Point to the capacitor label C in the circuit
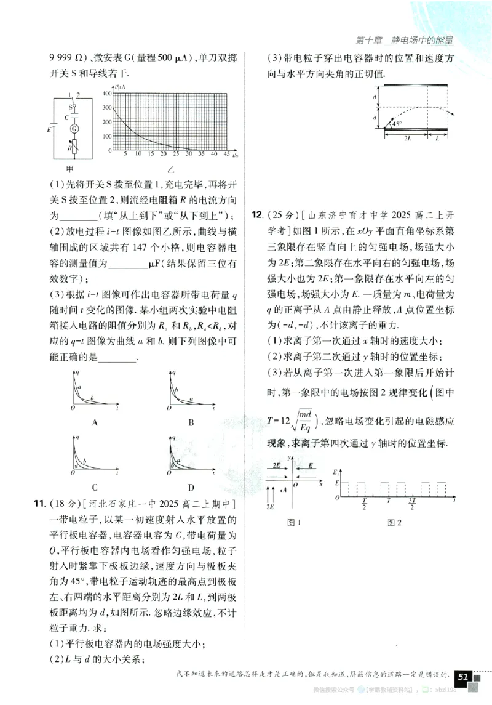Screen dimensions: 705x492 [x=66, y=116]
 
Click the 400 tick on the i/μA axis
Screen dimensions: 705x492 [x=108, y=93]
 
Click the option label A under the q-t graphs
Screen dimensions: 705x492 [x=95, y=422]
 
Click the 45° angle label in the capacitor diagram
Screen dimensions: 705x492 [x=397, y=124]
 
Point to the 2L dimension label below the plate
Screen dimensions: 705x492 [x=407, y=140]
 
